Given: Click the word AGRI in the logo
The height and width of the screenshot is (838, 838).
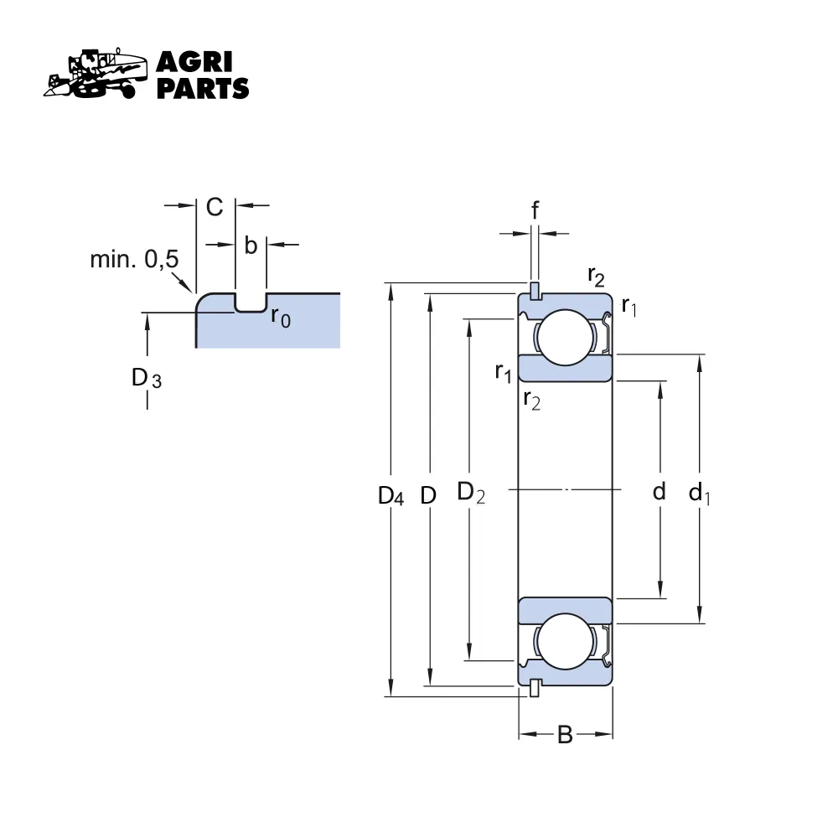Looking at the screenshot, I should (x=194, y=64).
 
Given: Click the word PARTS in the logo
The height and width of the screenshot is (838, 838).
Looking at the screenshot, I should (x=203, y=88).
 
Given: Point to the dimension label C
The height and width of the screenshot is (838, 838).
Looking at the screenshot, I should (x=215, y=207).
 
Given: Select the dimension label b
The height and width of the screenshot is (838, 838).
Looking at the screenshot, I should (x=251, y=246).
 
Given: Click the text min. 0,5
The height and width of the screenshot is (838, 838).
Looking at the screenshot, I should (x=134, y=260).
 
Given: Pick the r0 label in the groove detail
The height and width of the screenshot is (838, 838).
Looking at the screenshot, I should (x=281, y=318).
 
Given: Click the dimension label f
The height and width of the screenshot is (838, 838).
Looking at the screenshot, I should (x=535, y=210).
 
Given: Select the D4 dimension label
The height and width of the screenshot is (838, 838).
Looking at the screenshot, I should (x=391, y=496).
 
